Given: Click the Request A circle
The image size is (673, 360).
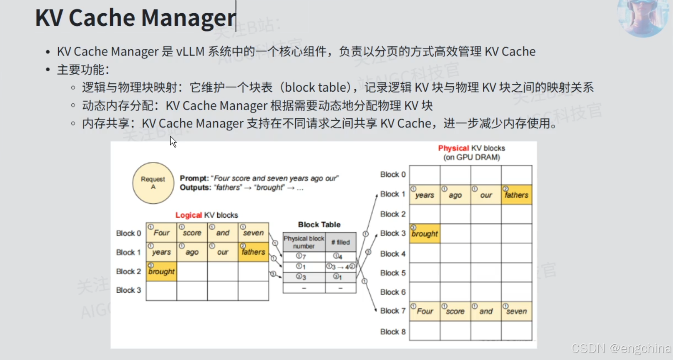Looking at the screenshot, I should tap(153, 183).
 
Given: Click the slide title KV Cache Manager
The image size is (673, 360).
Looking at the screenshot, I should tap(136, 18).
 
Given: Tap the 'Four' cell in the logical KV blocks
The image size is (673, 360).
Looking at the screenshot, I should tap(161, 233).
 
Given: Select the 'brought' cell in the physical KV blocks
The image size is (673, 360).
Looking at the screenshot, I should tap(425, 234).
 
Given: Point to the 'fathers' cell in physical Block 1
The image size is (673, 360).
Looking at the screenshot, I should tap(516, 195).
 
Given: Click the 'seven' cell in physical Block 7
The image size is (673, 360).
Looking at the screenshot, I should tap(516, 311).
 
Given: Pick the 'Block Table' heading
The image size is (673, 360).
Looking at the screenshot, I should tap(319, 224).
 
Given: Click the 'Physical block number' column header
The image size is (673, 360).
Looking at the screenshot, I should tap(304, 242).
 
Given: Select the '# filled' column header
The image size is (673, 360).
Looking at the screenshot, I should tap(340, 242).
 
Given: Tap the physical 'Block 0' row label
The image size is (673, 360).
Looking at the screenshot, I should tap(393, 175).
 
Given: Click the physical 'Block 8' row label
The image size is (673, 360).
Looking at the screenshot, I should tap(393, 332).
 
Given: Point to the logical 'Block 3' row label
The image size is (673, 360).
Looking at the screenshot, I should tap(129, 290).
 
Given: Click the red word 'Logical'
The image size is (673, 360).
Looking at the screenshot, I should tap(189, 215).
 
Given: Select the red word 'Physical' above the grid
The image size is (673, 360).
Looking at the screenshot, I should tap(453, 148).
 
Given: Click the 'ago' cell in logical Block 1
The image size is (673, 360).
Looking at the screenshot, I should tap(192, 252).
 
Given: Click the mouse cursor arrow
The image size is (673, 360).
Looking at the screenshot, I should tap(173, 142).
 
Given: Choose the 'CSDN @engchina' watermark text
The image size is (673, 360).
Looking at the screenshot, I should tap(621, 348).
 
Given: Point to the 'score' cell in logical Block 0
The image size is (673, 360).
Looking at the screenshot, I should tap(192, 233).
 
